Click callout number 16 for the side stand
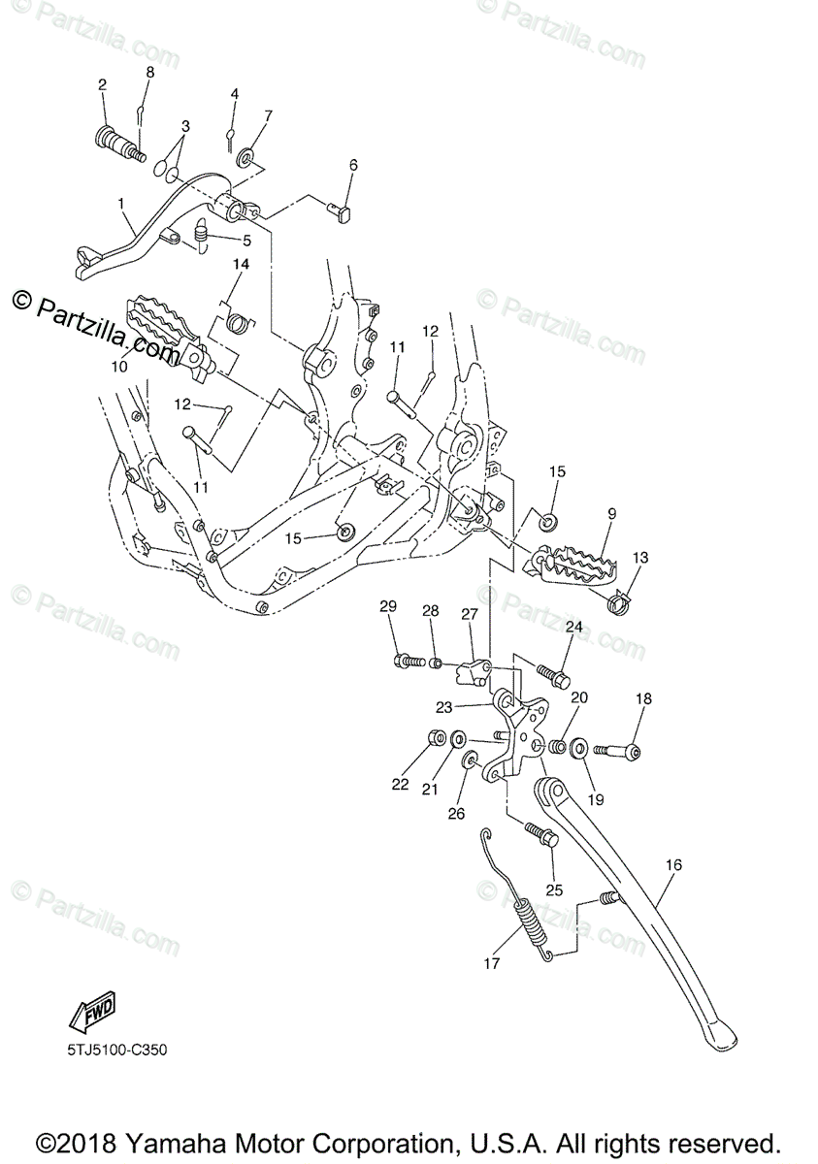click(x=674, y=863)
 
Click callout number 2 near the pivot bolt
click(x=102, y=85)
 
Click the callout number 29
click(x=388, y=606)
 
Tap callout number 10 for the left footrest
click(x=119, y=368)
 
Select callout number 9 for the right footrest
click(x=611, y=513)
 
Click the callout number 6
click(x=326, y=166)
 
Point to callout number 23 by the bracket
click(x=444, y=706)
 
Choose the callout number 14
click(x=241, y=264)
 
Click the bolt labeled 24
click(x=554, y=673)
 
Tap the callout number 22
click(x=401, y=784)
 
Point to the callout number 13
click(x=640, y=558)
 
